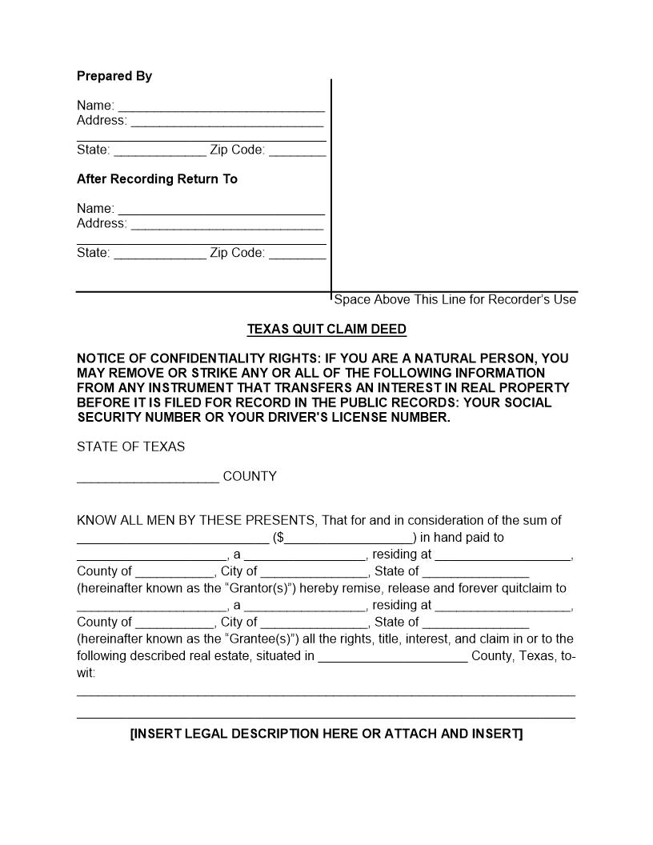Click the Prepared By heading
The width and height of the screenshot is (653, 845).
[114, 76]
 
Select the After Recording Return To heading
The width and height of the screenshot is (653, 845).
[157, 179]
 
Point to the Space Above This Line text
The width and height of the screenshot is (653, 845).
[455, 300]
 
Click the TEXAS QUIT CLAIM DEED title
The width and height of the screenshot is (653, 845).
[326, 329]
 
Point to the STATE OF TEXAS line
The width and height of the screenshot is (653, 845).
[130, 447]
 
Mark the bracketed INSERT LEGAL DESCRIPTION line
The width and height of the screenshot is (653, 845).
[326, 734]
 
